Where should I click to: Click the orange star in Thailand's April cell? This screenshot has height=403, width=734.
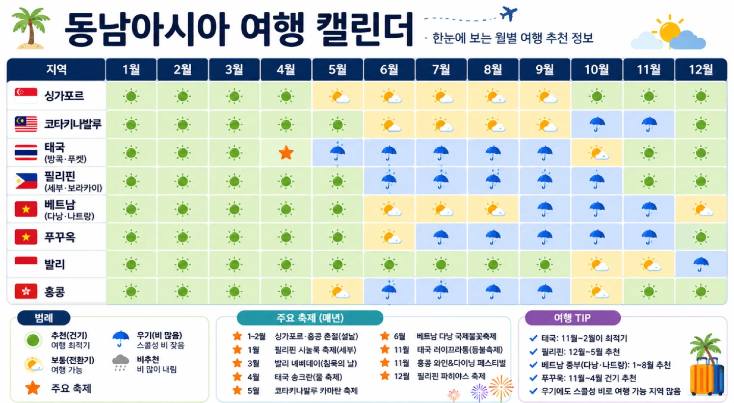[x=286, y=153]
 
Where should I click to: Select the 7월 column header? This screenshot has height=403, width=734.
[x=441, y=69]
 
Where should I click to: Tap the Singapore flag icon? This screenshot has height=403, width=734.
[x=26, y=96]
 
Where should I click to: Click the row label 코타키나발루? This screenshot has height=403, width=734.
[x=73, y=124]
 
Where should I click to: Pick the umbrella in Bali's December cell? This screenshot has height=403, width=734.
[x=700, y=264]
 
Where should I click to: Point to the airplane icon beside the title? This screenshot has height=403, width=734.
[x=508, y=13]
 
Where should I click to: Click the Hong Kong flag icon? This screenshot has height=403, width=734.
[x=26, y=291]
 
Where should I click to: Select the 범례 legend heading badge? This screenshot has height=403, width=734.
[x=44, y=318]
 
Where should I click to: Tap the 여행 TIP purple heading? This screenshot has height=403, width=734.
[x=572, y=318]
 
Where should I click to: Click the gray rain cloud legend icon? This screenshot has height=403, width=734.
[x=121, y=363]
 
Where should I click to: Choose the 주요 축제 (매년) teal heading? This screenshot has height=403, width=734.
[x=310, y=318]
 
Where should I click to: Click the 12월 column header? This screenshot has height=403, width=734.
[x=701, y=69]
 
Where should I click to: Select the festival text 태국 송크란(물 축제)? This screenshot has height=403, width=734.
[x=308, y=377]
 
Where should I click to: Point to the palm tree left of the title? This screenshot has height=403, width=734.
[x=30, y=28]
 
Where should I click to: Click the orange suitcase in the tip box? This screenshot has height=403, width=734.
[x=702, y=377]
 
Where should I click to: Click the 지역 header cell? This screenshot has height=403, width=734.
[x=56, y=69]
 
